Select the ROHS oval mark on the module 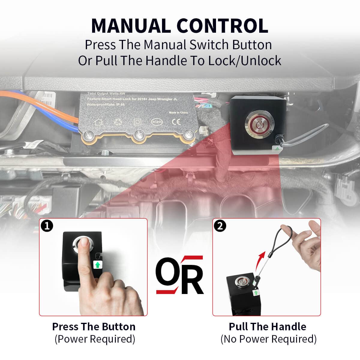point(157,122)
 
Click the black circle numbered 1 point(47,226)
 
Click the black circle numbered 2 point(220,226)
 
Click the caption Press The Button point(94,326)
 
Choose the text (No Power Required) point(268,339)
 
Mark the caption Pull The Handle point(267,326)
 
